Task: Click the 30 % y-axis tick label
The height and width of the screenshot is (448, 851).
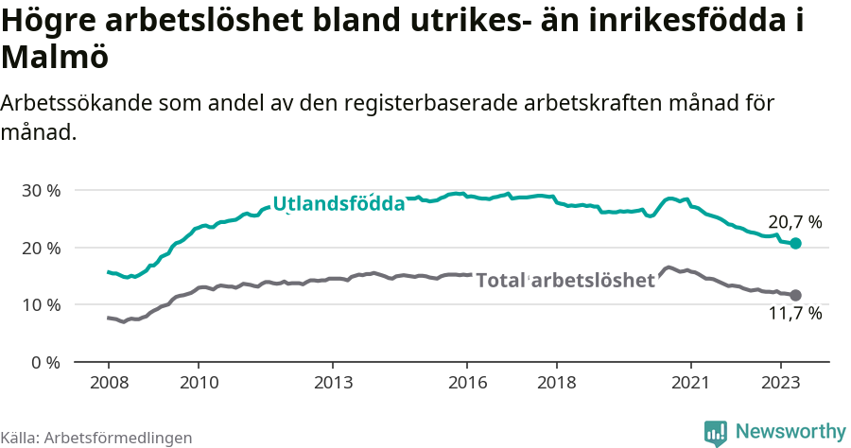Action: tap(40, 190)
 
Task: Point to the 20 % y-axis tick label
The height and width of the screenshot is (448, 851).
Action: tap(40, 248)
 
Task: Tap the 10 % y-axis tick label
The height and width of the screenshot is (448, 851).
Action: tap(40, 304)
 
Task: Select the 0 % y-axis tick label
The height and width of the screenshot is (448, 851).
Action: tap(44, 362)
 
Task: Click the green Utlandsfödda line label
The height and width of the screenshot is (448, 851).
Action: tap(339, 203)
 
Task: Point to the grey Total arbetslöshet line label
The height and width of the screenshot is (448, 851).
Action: tap(564, 280)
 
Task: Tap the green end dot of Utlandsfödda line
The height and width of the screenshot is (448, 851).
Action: tap(796, 244)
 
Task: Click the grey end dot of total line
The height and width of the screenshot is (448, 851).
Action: tap(796, 295)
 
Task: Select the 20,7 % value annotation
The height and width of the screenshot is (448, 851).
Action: tap(794, 223)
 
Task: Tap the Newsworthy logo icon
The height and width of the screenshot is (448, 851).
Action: tap(715, 433)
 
